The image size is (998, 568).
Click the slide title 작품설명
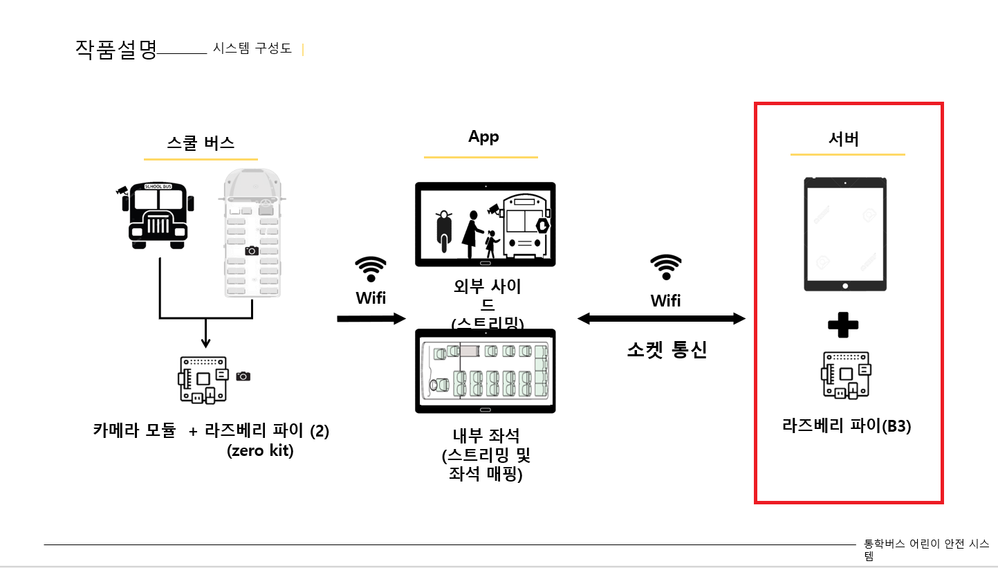pyautogui.click(x=116, y=49)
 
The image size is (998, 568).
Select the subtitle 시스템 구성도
pyautogui.click(x=252, y=48)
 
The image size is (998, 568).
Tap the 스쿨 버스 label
pyautogui.click(x=201, y=143)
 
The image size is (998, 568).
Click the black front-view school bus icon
pyautogui.click(x=158, y=214)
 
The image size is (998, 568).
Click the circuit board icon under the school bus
pyautogui.click(x=204, y=378)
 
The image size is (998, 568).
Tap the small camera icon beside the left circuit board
pyautogui.click(x=243, y=376)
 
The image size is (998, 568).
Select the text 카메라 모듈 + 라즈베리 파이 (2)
pyautogui.click(x=211, y=430)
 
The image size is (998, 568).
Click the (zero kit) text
pyautogui.click(x=260, y=450)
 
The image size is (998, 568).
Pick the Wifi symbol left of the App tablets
pyautogui.click(x=371, y=269)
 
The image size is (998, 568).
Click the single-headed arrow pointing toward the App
pyautogui.click(x=371, y=318)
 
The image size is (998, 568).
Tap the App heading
pyautogui.click(x=483, y=137)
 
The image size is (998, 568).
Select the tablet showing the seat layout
pyautogui.click(x=485, y=371)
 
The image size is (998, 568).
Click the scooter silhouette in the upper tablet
pyautogui.click(x=443, y=230)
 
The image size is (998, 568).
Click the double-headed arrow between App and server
pyautogui.click(x=661, y=318)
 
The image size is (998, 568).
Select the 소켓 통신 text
pyautogui.click(x=666, y=350)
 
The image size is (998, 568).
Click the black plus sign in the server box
pyautogui.click(x=843, y=325)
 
